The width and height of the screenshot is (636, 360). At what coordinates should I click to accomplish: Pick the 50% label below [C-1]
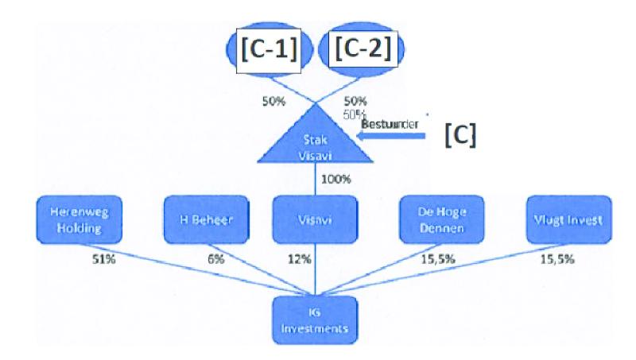coord(272,101)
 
